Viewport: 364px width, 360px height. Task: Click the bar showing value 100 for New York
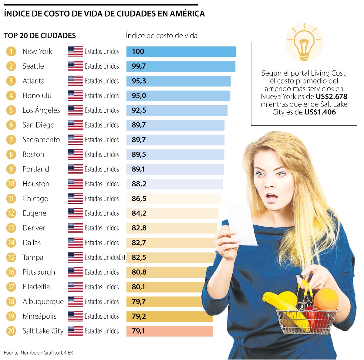pos(181,52)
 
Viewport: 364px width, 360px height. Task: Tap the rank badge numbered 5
pos(11,110)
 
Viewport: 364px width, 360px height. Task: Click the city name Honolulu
pos(37,96)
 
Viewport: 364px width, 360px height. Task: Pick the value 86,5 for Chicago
pos(139,199)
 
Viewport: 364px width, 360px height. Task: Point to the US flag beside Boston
pos(75,155)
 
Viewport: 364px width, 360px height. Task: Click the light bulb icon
pos(304,42)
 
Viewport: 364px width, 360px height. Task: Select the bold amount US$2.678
pos(331,97)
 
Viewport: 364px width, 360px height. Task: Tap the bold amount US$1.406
pos(320,112)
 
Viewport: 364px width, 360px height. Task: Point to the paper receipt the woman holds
pos(243,225)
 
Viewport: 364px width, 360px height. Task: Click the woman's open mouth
pos(271,198)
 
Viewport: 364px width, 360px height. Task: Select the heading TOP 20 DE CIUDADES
pos(40,36)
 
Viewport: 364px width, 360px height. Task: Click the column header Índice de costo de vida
pos(162,36)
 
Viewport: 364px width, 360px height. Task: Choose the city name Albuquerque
pos(43,302)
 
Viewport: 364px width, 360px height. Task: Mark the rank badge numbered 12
pos(11,213)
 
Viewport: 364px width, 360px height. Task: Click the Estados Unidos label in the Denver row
pos(102,228)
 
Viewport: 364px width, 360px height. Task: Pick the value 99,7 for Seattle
pos(139,66)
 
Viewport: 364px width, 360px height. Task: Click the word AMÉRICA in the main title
pos(187,14)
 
